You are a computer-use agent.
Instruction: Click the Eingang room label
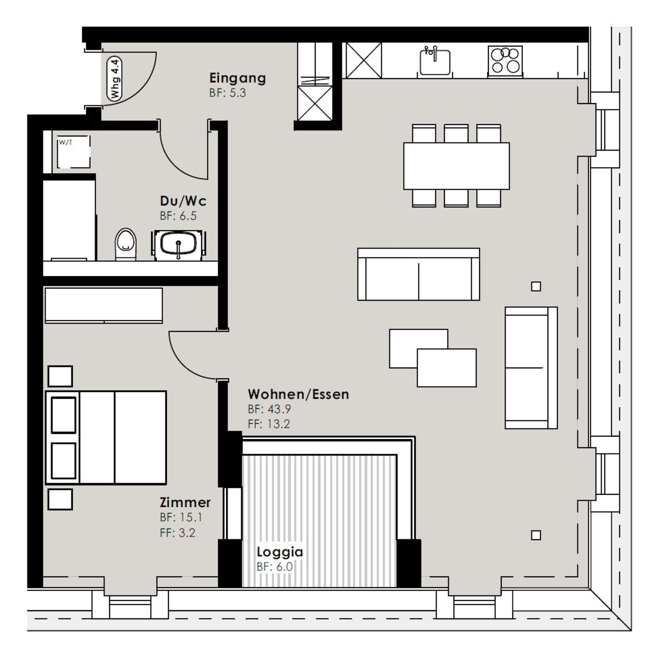click(x=237, y=78)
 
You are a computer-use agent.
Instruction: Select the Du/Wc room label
click(x=183, y=201)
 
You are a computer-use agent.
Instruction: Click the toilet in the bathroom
click(x=126, y=244)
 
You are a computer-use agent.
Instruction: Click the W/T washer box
click(x=74, y=152)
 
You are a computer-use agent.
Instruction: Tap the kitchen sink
click(x=435, y=61)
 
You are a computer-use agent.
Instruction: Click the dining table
click(x=456, y=166)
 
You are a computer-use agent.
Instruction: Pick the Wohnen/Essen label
click(x=298, y=394)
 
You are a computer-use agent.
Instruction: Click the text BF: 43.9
click(x=269, y=409)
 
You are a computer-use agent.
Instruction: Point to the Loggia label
click(x=280, y=552)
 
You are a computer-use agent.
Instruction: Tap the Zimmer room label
click(x=185, y=503)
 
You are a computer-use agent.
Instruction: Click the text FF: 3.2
click(x=177, y=533)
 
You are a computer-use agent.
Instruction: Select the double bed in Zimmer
click(x=106, y=437)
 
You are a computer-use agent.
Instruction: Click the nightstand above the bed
click(x=60, y=376)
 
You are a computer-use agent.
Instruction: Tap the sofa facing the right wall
click(x=531, y=368)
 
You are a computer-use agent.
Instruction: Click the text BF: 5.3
click(x=228, y=93)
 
